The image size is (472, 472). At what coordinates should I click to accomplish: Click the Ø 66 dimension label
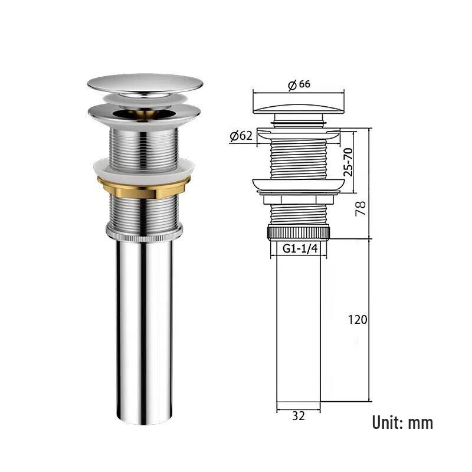[x=299, y=84]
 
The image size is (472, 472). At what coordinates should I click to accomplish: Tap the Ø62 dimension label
[x=241, y=136]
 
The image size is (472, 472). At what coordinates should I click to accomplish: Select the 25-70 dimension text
[x=348, y=162]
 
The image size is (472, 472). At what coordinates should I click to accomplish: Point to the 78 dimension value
[x=360, y=208]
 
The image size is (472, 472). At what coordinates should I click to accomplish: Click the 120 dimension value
[x=358, y=320]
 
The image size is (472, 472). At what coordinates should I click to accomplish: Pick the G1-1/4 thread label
[x=300, y=248]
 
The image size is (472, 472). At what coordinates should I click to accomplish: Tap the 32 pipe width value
[x=299, y=416]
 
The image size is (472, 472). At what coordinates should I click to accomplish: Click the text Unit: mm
[x=402, y=422]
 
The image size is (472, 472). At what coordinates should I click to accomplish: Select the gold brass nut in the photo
[x=143, y=188]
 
